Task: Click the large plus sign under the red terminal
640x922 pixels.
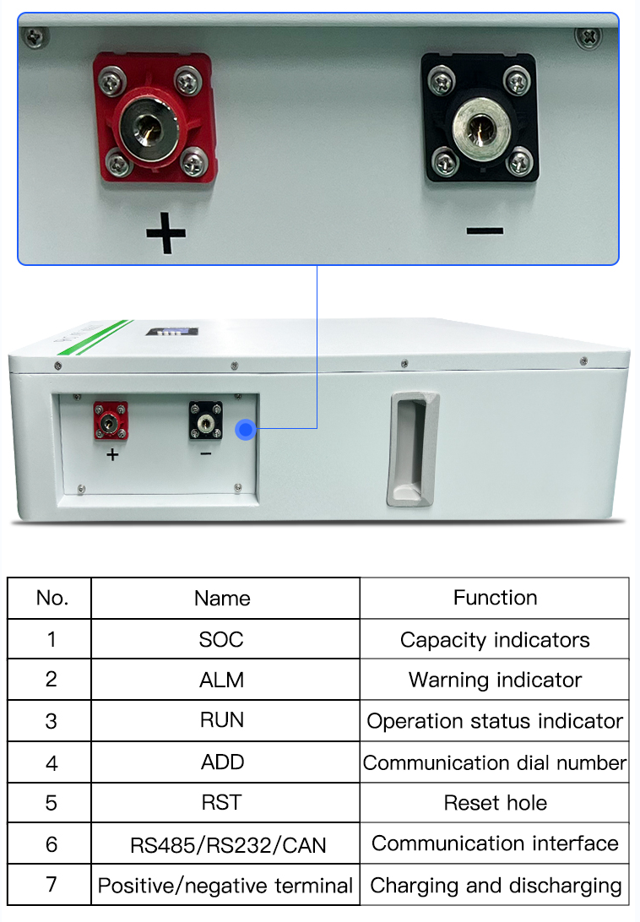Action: (x=165, y=233)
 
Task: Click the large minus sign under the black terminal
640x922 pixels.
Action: (x=485, y=231)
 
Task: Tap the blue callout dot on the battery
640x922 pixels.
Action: (x=246, y=430)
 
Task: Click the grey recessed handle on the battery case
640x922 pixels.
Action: (x=412, y=449)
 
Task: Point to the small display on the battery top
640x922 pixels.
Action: (x=172, y=332)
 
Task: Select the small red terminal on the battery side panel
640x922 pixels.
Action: (x=111, y=421)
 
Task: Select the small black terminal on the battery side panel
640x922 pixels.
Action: (x=206, y=420)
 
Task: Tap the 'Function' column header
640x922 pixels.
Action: (x=496, y=598)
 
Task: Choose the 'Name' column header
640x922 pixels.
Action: (x=222, y=599)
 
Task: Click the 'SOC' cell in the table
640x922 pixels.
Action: (x=221, y=640)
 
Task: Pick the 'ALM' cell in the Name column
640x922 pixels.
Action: (x=222, y=681)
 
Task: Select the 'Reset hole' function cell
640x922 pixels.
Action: (x=496, y=803)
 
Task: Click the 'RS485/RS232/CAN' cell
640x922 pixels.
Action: (x=228, y=845)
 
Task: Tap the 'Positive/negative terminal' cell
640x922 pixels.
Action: (x=225, y=886)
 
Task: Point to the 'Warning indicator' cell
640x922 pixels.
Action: (x=496, y=681)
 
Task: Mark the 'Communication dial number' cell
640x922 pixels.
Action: (x=495, y=763)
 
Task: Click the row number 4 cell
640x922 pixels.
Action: (x=52, y=763)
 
